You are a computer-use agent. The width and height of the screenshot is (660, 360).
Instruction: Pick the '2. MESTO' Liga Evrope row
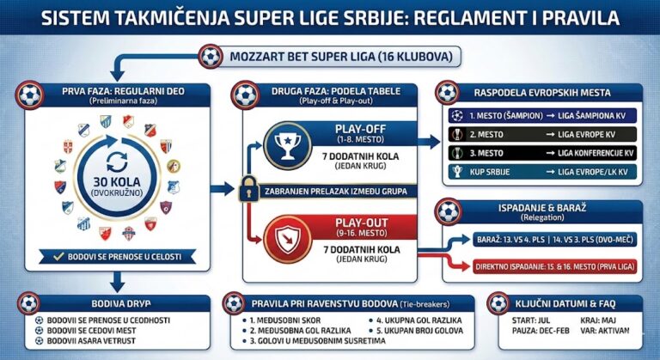click(542, 134)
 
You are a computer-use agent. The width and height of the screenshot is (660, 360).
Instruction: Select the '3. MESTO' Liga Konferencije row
click(542, 153)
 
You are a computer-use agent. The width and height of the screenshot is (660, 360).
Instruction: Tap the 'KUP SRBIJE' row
click(542, 172)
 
